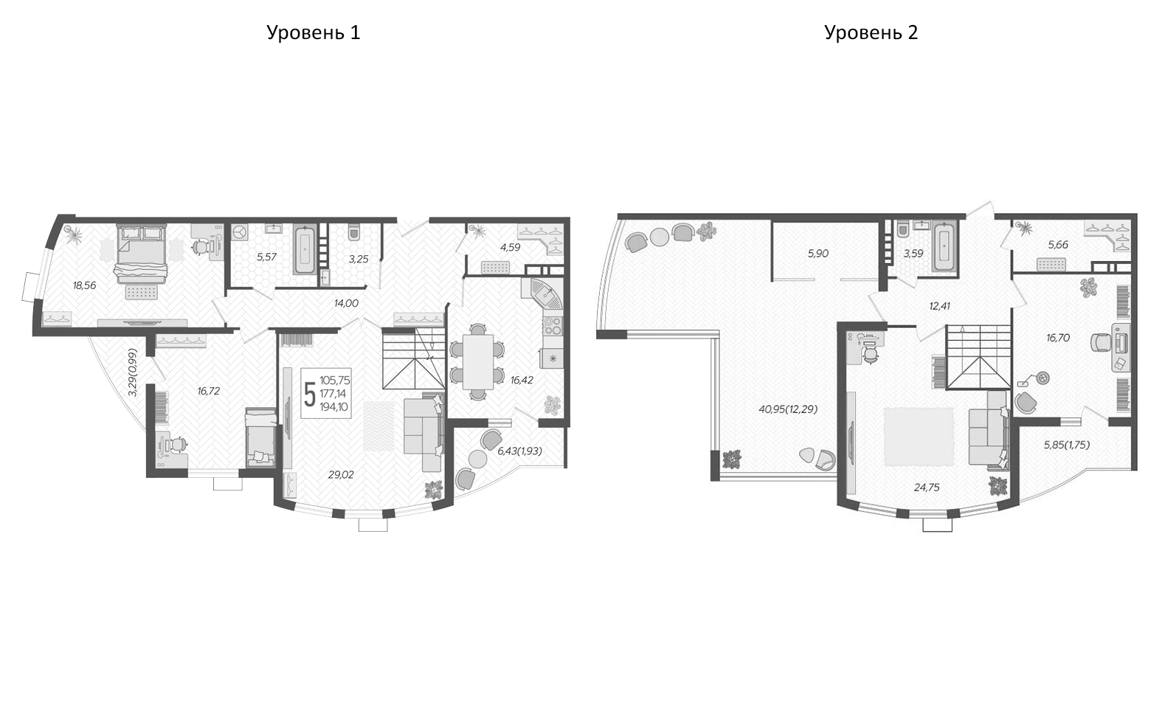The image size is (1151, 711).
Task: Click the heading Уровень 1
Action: pyautogui.click(x=313, y=32)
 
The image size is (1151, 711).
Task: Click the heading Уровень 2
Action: pyautogui.click(x=871, y=32)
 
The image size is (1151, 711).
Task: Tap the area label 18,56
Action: pyautogui.click(x=85, y=285)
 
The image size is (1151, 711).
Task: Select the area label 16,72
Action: pyautogui.click(x=208, y=391)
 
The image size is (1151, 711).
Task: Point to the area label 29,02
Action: pyautogui.click(x=341, y=475)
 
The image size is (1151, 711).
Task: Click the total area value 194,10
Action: pyautogui.click(x=335, y=407)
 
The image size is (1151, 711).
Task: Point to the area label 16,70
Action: pyautogui.click(x=1057, y=338)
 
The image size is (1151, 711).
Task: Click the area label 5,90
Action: pyautogui.click(x=818, y=253)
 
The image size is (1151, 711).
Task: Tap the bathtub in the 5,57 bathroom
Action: pyautogui.click(x=305, y=249)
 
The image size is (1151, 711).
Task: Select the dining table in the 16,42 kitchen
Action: pyautogui.click(x=472, y=361)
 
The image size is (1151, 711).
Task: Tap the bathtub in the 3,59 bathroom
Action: pyautogui.click(x=944, y=248)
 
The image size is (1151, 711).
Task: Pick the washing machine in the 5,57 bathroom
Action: pyautogui.click(x=241, y=233)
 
